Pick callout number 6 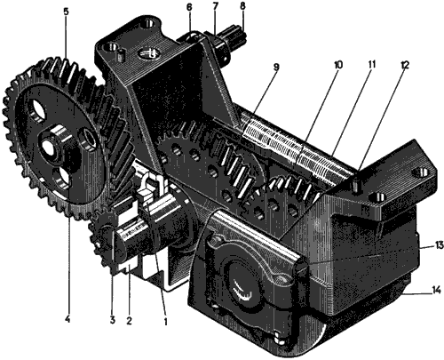(x=188, y=8)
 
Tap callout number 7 (x=214, y=8)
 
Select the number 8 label (x=241, y=8)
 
